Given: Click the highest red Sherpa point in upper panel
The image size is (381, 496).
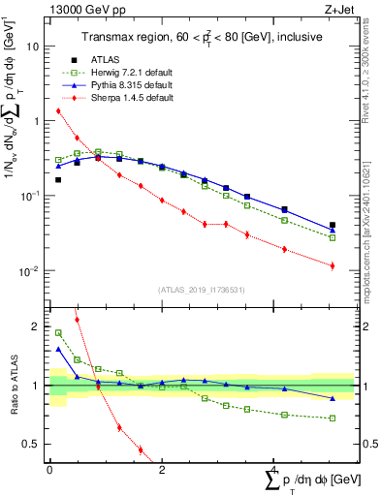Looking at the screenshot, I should tap(58, 110).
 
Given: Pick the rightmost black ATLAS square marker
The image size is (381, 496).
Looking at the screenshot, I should tap(333, 225).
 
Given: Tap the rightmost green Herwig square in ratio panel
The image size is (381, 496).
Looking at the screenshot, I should tap(333, 418).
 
